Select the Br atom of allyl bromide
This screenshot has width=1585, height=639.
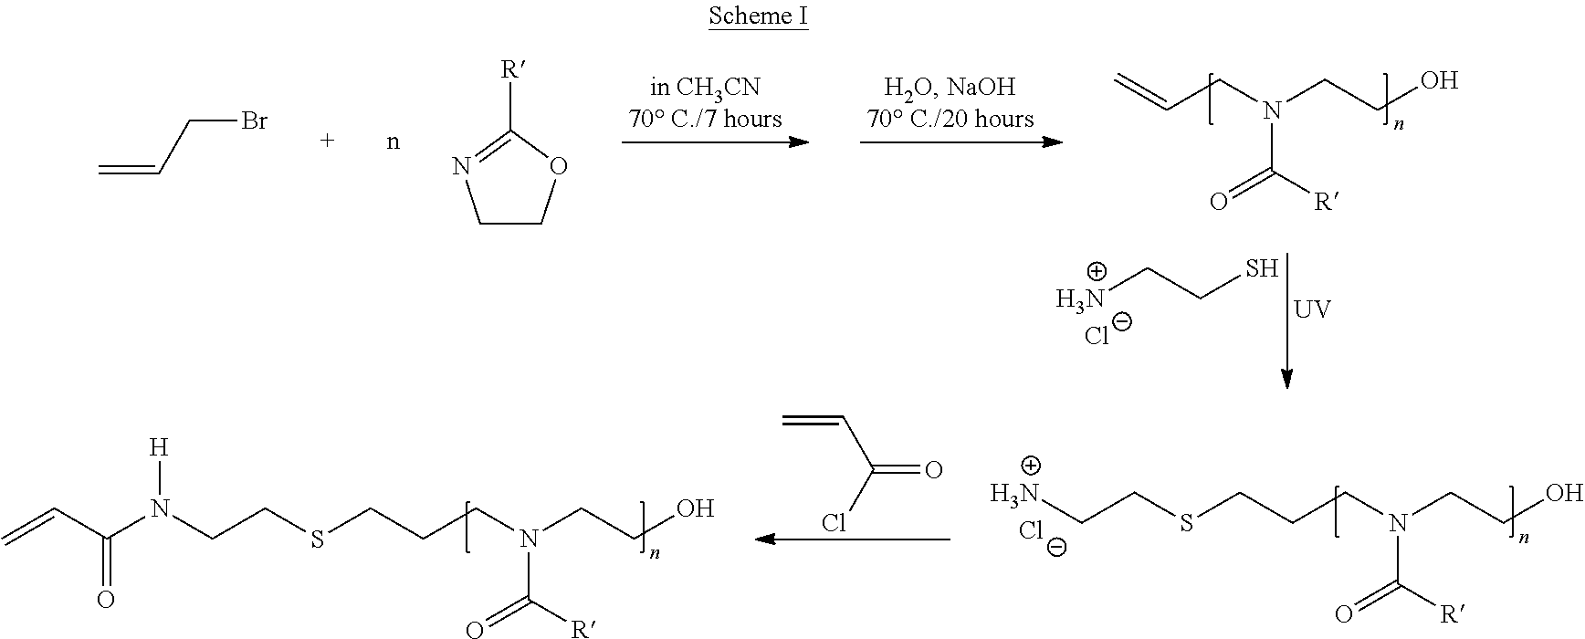(254, 120)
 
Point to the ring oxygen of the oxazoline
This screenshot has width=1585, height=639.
(560, 167)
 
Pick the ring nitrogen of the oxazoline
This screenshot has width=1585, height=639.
(461, 167)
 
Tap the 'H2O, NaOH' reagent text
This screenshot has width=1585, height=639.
(950, 89)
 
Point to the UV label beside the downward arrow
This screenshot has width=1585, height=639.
(1312, 309)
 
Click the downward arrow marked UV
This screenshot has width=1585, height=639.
(1286, 321)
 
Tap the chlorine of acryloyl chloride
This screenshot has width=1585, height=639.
(834, 523)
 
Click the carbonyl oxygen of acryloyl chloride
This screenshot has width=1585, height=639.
(933, 471)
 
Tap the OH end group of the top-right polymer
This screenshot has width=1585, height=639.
(1440, 81)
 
